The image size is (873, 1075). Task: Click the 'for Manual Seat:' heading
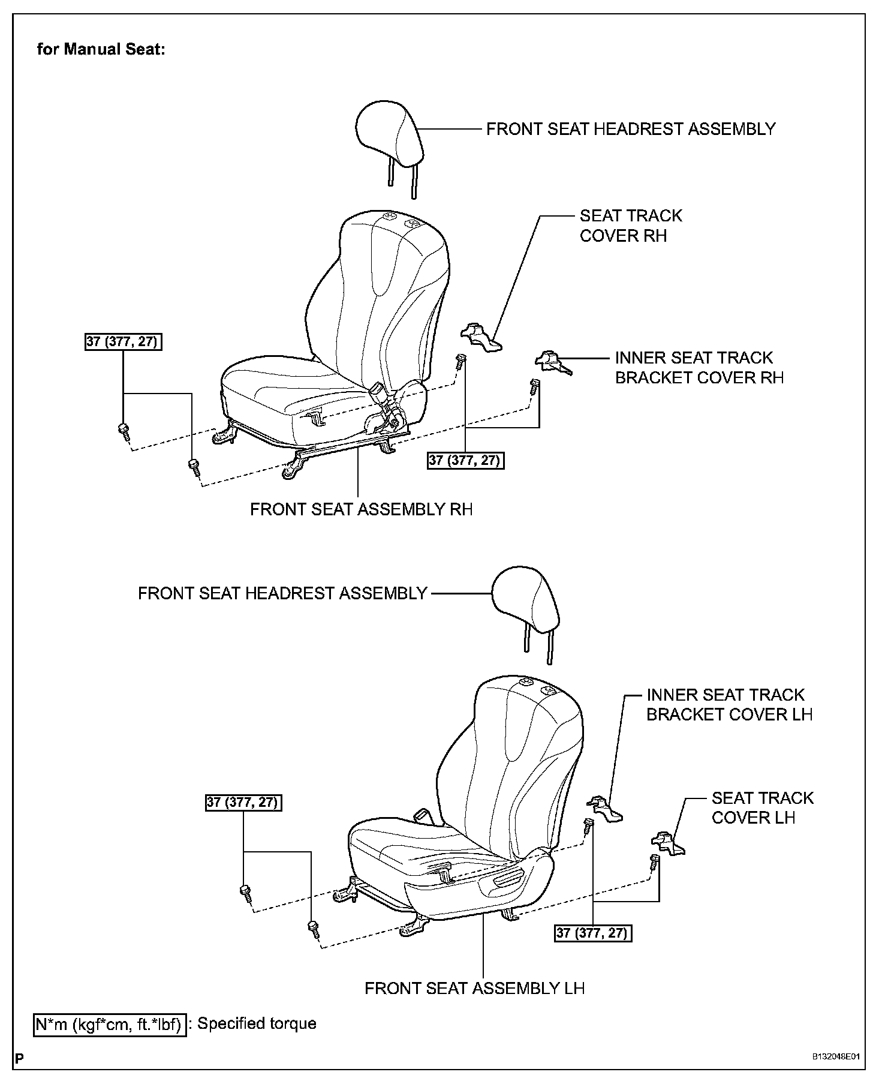point(101,49)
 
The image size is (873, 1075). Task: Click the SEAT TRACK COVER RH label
point(630,226)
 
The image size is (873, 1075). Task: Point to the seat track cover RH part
point(481,337)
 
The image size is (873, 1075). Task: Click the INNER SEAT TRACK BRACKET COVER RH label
point(699,368)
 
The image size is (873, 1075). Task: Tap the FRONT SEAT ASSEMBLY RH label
point(361,509)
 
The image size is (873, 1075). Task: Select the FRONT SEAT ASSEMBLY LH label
point(474,987)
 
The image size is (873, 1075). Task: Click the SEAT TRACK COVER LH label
point(762,807)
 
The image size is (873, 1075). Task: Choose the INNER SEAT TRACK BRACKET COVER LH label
point(729,705)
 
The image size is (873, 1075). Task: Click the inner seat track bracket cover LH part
point(604,809)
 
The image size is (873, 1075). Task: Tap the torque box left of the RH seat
point(124,342)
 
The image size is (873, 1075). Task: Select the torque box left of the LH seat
point(243,802)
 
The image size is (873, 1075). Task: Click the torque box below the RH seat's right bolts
point(466,461)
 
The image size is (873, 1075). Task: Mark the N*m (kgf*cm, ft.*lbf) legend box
point(109,1024)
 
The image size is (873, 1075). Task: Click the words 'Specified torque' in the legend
point(257,1023)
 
